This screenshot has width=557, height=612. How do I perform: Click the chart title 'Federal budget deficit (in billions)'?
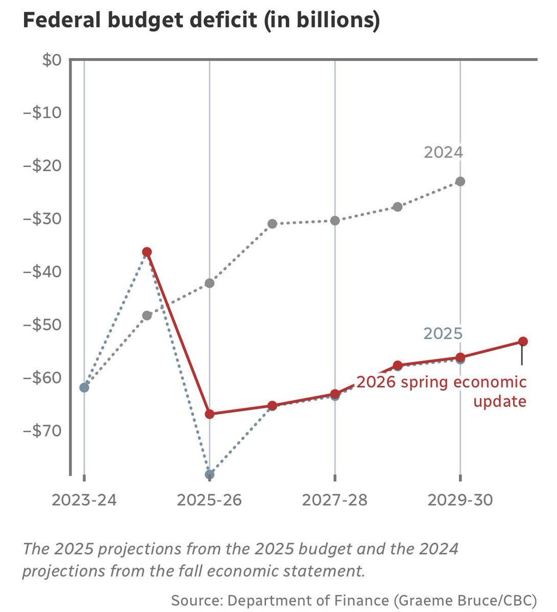click(x=201, y=21)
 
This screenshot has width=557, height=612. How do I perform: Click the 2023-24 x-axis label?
click(x=84, y=500)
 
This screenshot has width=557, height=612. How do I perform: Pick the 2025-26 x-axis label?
click(x=209, y=500)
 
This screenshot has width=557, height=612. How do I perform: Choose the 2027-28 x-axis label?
click(x=334, y=500)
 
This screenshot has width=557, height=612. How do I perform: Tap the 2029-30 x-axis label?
click(x=460, y=500)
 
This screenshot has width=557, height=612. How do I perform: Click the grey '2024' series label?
click(x=443, y=152)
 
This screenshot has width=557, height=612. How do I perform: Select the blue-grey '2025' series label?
click(x=443, y=334)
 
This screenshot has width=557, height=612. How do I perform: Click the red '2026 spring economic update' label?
click(x=441, y=391)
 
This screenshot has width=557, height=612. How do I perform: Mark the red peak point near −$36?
click(x=147, y=252)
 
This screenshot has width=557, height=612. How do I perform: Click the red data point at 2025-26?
click(x=209, y=414)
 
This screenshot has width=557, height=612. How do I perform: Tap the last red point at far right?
click(x=523, y=341)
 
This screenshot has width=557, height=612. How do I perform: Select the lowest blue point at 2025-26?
click(x=209, y=474)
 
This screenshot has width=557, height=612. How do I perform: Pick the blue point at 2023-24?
click(x=84, y=388)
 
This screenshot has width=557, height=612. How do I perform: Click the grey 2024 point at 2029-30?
click(x=460, y=182)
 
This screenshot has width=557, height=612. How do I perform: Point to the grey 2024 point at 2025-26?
click(x=209, y=283)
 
